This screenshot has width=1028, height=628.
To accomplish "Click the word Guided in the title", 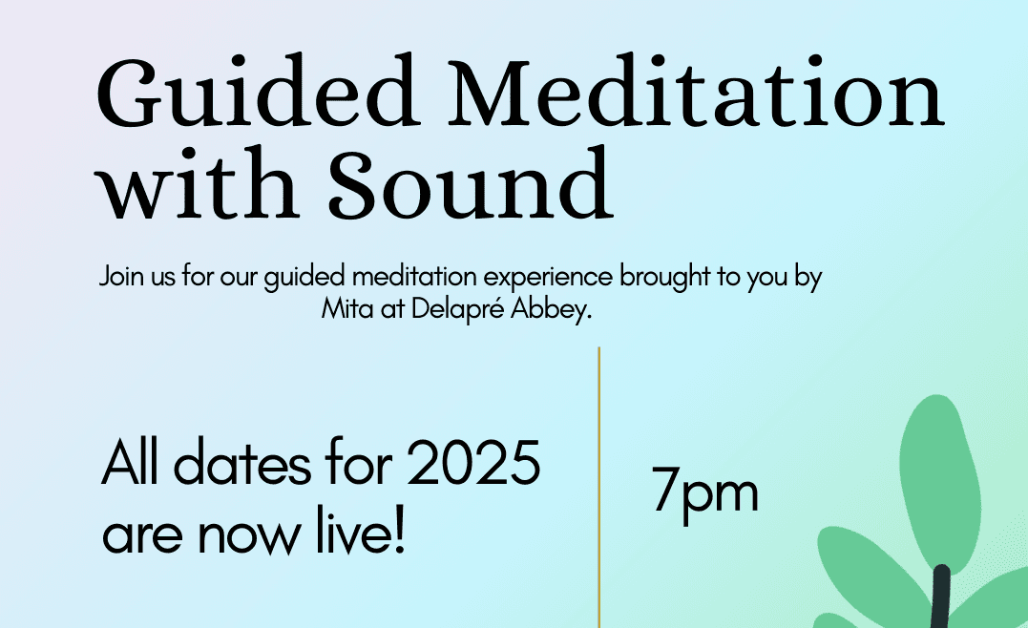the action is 259,92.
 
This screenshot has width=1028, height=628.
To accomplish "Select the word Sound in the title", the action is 470,183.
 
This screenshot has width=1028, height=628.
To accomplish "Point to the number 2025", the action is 473,463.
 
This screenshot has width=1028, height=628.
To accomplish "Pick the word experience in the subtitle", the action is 548,278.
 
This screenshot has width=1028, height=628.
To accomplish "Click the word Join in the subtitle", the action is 121,276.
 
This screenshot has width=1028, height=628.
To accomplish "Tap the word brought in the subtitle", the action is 664,277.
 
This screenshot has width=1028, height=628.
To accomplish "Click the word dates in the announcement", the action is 241,463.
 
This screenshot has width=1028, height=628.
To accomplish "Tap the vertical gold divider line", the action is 598,487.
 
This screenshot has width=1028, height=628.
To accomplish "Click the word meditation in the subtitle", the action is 414,276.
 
